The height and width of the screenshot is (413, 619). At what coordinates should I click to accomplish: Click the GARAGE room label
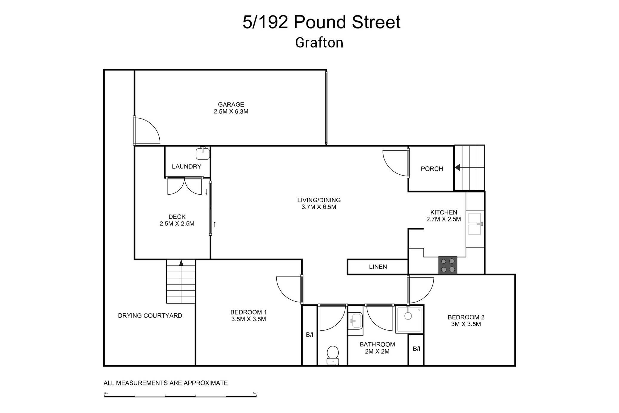[x=231, y=105]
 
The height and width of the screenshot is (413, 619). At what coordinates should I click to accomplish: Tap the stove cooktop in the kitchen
[x=448, y=265]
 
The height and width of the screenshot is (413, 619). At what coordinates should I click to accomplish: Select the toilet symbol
[x=332, y=355]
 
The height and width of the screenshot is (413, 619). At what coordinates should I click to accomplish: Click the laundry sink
[x=203, y=153]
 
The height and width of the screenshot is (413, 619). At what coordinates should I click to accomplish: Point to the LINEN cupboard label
[x=378, y=267]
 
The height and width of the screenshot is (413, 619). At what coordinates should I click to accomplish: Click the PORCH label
[x=432, y=169]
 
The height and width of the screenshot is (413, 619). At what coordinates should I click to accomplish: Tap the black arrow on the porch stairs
[x=458, y=168]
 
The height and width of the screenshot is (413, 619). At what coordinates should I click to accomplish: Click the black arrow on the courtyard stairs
[x=181, y=262]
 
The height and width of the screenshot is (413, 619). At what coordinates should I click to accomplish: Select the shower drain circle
[x=408, y=316]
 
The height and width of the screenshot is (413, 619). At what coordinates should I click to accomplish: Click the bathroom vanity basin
[x=355, y=320]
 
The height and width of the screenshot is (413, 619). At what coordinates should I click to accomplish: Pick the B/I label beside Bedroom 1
[x=309, y=335]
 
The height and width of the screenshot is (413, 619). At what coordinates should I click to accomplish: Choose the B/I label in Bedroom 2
[x=416, y=348]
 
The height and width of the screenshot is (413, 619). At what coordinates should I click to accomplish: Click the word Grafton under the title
[x=319, y=42]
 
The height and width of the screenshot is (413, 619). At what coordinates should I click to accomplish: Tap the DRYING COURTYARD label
[x=150, y=316]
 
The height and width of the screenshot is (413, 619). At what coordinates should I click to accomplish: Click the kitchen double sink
[x=475, y=224]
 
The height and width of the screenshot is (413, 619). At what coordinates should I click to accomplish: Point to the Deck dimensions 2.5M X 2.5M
[x=177, y=224]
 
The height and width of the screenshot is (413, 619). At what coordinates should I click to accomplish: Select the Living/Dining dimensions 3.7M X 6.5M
[x=319, y=207]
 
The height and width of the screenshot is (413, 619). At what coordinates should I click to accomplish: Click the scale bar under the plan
[x=180, y=396]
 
